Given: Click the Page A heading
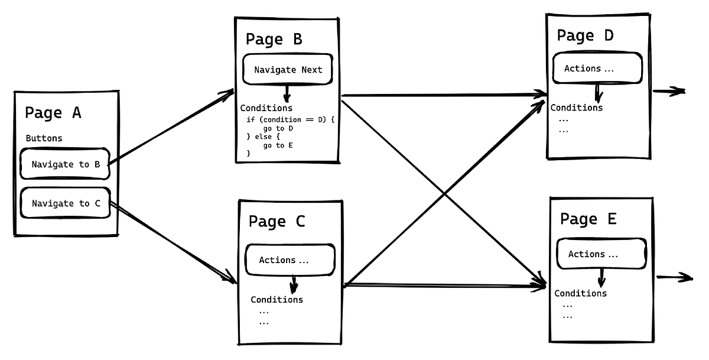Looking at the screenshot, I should point(53,112).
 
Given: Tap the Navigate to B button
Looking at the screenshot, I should point(66,164).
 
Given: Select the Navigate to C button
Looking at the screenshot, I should point(66,203).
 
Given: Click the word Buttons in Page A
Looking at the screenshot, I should point(44,138).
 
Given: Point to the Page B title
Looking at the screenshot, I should point(274,40).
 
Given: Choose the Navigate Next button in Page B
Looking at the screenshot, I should point(288,70).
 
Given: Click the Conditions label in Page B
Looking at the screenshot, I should point(266,108).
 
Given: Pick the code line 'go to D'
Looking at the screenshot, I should point(278,128).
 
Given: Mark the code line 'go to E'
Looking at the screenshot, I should point(278,145).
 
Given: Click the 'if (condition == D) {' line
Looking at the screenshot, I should point(290,119).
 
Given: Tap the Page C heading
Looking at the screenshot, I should point(277,222).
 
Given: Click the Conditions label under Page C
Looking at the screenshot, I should point(277,300).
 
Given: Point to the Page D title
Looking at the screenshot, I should point(585,35).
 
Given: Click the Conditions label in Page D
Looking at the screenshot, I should point(577,108).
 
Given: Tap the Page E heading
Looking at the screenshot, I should point(588,219).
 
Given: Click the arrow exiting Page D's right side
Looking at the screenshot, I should point(669,92).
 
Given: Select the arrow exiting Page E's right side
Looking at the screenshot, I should point(674,277).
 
